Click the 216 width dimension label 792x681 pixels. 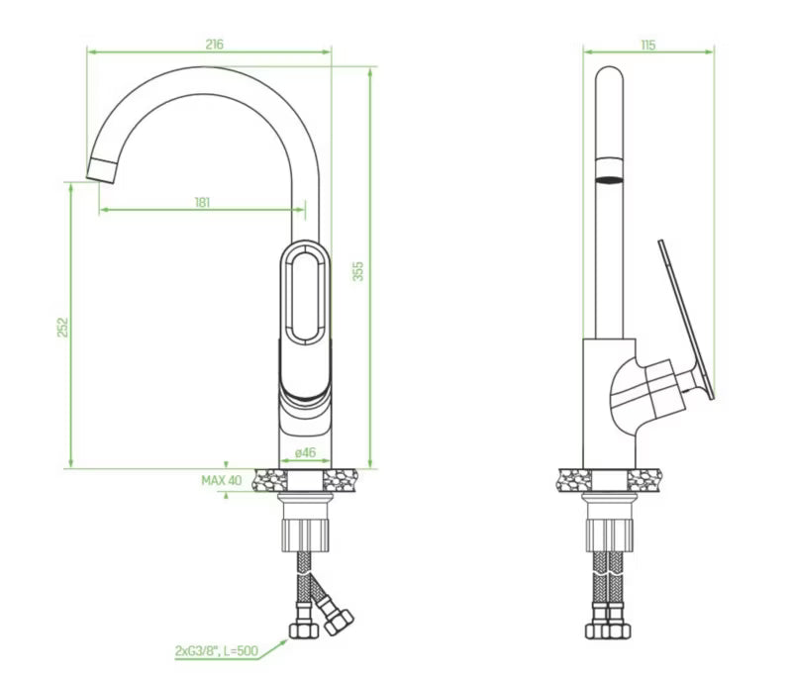click(214, 45)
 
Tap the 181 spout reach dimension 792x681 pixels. click(202, 203)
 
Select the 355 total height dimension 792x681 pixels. click(357, 271)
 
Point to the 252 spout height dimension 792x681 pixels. click(61, 327)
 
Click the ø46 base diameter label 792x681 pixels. click(305, 452)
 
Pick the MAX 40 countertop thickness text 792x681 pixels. click(222, 480)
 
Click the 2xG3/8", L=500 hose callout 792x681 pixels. click(217, 651)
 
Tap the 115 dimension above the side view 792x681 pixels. click(648, 46)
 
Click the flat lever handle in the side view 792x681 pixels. click(686, 320)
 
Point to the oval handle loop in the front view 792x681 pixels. click(305, 294)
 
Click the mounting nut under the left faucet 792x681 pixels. click(305, 535)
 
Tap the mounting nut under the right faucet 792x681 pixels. click(609, 535)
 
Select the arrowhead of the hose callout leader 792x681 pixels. click(283, 642)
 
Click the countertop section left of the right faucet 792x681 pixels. click(575, 480)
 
